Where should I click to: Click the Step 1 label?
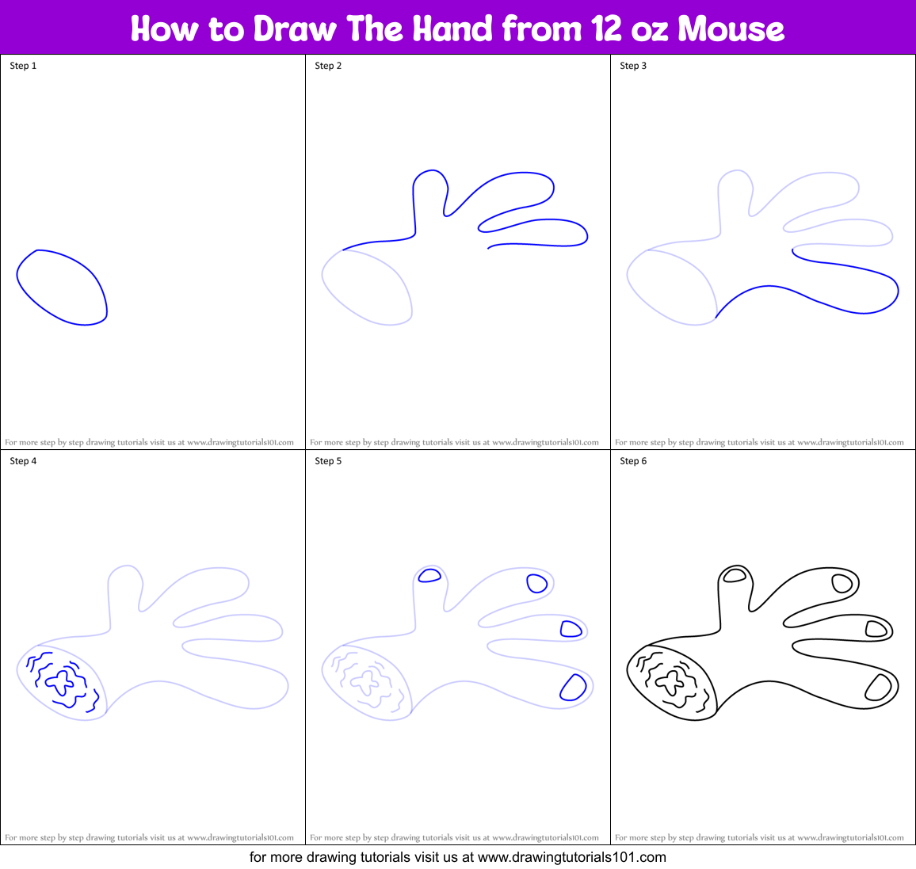(23, 66)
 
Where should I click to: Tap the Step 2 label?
(328, 66)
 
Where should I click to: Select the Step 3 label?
(633, 66)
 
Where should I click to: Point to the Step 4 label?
(23, 461)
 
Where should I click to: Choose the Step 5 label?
(328, 461)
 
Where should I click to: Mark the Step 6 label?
(633, 461)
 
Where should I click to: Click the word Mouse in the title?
(731, 29)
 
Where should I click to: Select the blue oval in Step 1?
(62, 287)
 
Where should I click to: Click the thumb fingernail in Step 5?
(429, 576)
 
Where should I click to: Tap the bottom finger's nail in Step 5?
(572, 688)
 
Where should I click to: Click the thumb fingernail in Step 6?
(735, 576)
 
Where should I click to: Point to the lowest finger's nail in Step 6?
(877, 688)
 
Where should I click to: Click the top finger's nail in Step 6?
(842, 584)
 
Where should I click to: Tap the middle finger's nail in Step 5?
(571, 629)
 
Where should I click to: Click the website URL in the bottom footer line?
(571, 857)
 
